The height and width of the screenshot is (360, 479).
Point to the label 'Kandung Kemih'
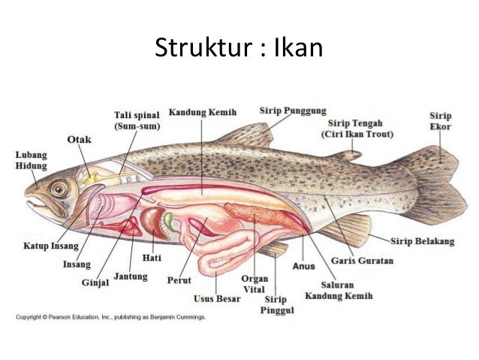202,112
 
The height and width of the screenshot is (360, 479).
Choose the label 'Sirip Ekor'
440,121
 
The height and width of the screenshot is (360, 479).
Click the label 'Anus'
303,264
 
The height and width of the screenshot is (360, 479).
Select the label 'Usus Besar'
217,298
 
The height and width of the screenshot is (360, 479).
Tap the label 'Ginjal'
95,283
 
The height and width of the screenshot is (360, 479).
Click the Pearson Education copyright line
111,317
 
